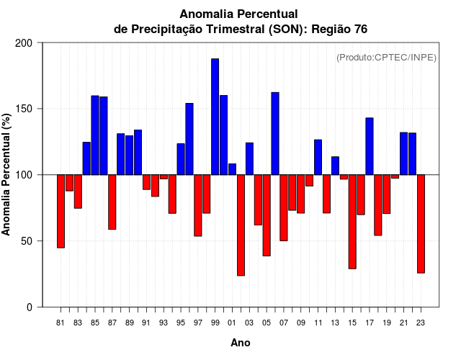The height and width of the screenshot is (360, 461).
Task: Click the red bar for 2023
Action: pyautogui.click(x=421, y=223)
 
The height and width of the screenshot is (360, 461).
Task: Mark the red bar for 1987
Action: pyautogui.click(x=112, y=202)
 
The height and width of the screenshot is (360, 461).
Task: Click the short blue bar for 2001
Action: pyautogui.click(x=232, y=169)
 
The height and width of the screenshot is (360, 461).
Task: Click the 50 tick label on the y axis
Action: pyautogui.click(x=27, y=241)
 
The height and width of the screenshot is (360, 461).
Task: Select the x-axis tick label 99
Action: pyautogui.click(x=215, y=323)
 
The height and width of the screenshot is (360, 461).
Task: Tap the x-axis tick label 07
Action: pyautogui.click(x=284, y=323)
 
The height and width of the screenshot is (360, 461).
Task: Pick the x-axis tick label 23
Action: pyautogui.click(x=421, y=323)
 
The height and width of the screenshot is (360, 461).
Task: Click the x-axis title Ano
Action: pyautogui.click(x=241, y=343)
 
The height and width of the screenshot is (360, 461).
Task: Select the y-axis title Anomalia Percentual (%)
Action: pyautogui.click(x=7, y=175)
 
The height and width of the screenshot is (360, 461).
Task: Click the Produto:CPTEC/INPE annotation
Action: pyautogui.click(x=387, y=58)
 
